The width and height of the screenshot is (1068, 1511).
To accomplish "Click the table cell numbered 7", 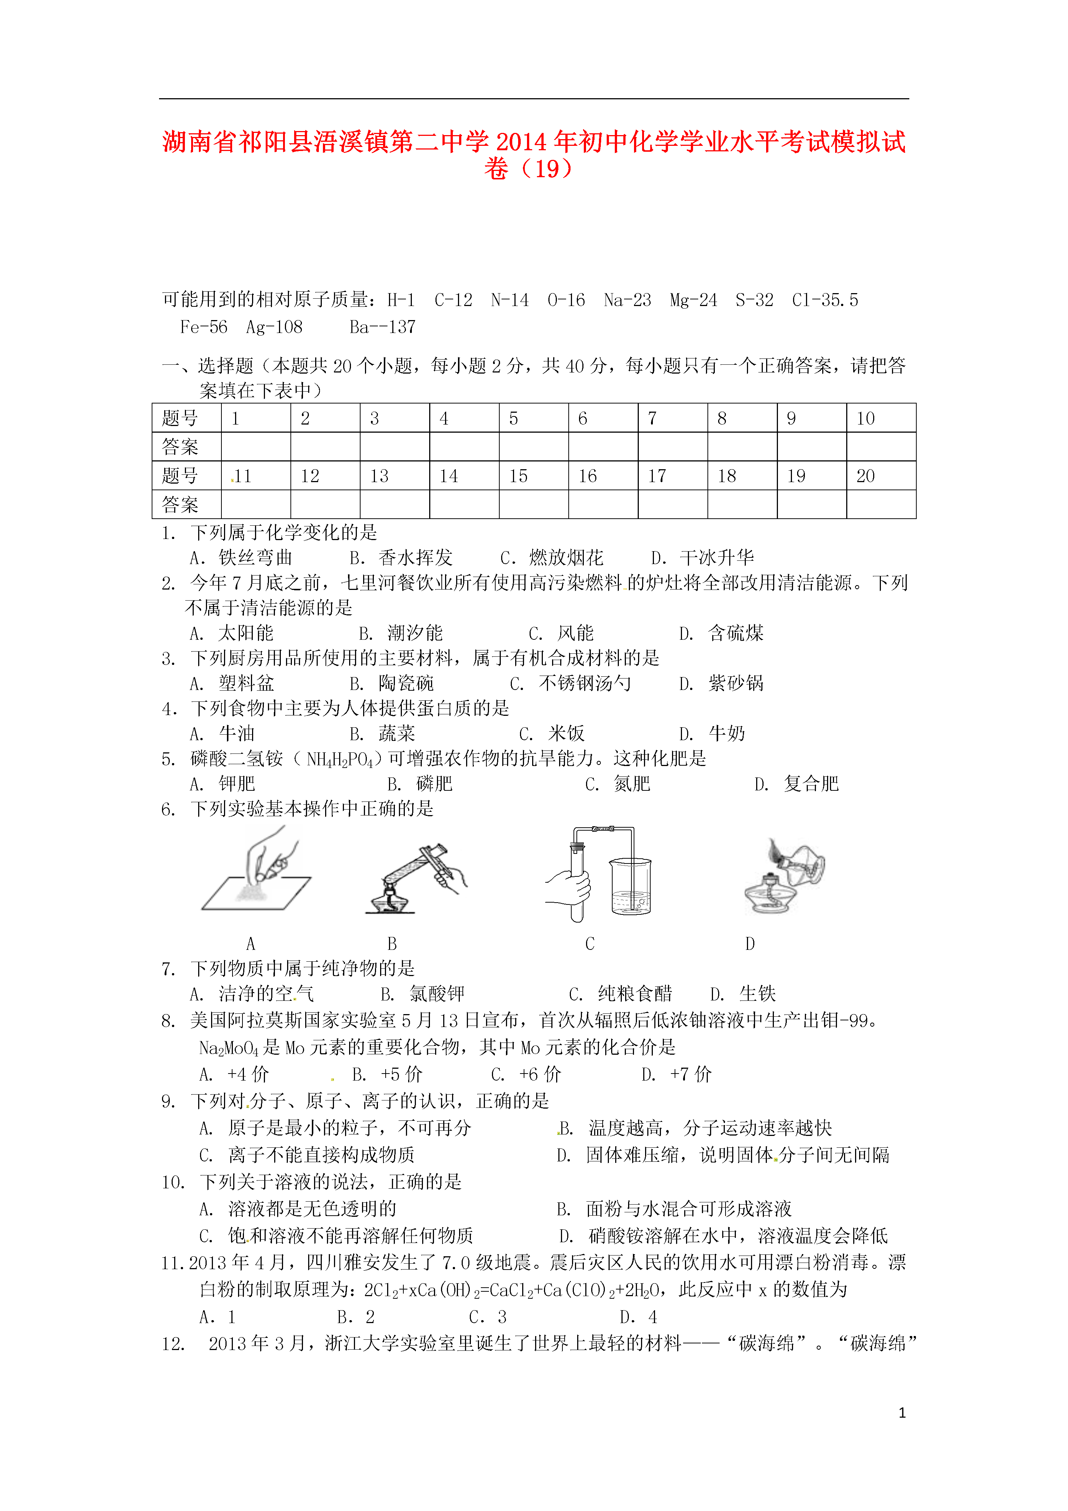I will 672,418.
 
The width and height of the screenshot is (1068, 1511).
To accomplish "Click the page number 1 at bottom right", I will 902,1412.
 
